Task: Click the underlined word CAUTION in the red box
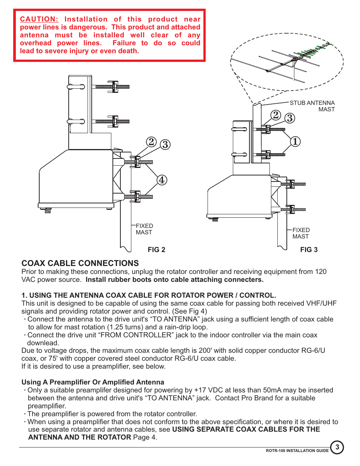(39, 19)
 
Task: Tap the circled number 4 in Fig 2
(162, 180)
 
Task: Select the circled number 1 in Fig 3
(295, 141)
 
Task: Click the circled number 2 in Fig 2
(151, 142)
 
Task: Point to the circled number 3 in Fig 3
(290, 118)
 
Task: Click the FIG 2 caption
(156, 250)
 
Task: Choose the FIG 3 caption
(309, 250)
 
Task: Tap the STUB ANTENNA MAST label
(312, 106)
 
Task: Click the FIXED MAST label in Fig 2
(144, 229)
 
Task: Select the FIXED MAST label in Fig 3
(301, 233)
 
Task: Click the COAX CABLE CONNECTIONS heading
(80, 263)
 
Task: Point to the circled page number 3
(337, 448)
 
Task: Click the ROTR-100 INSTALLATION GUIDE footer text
(297, 451)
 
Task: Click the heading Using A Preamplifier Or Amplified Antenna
(93, 382)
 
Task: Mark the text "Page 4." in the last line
(145, 437)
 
